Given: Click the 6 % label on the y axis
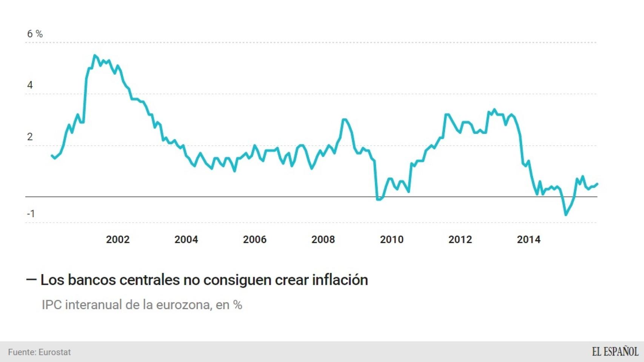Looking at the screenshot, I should click(35, 34).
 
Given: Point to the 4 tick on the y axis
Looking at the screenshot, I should click(30, 85).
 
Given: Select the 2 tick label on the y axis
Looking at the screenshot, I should click(30, 137).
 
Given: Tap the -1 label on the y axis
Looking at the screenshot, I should click(31, 214).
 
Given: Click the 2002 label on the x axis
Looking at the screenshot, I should click(118, 239).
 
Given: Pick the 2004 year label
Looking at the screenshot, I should click(186, 239).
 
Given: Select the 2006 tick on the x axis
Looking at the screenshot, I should click(255, 239).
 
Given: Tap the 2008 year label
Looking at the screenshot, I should click(323, 239).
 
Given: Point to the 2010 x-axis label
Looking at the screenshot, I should click(392, 239).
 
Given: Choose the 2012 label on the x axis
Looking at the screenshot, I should click(460, 239).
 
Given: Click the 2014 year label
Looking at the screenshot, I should click(528, 239).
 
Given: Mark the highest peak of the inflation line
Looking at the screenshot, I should click(94, 55).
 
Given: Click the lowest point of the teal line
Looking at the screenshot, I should click(565, 215).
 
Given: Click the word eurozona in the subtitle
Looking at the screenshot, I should click(184, 305).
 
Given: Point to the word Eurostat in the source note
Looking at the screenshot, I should click(55, 352).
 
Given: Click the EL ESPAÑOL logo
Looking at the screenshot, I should click(615, 352).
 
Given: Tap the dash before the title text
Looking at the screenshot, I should click(31, 280).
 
